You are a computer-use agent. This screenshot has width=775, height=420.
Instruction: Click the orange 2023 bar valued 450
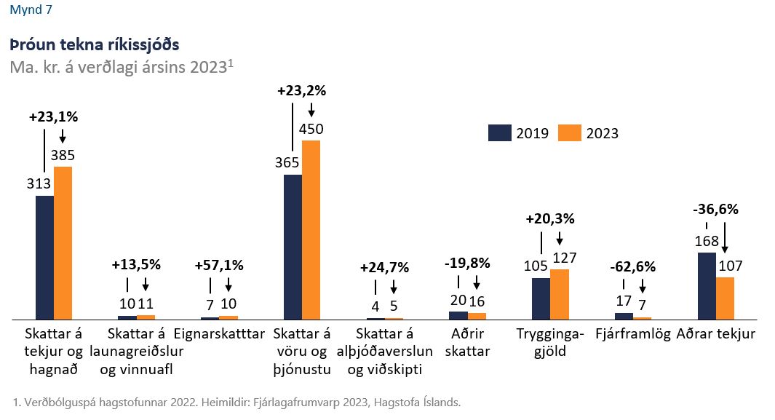[x=311, y=229]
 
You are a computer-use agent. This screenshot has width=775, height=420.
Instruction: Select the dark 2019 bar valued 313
[x=44, y=257]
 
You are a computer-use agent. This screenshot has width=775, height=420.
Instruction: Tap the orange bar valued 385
[x=63, y=242]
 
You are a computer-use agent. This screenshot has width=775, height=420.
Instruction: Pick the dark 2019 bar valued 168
[x=707, y=285]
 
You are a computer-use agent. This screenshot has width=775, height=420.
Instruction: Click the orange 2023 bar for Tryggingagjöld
[x=560, y=294]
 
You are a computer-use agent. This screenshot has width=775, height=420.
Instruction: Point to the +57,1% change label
[x=220, y=265]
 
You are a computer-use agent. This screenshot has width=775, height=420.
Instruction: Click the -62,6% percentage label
[x=634, y=265]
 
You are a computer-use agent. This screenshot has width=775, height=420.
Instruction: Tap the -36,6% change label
[x=715, y=210]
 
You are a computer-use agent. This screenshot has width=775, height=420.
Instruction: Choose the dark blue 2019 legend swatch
[x=500, y=132]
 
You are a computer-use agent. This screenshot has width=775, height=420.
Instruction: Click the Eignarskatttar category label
[x=219, y=334]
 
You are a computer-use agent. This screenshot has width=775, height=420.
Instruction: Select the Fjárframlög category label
[x=633, y=334]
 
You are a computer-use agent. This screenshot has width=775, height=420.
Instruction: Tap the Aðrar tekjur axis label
[x=715, y=334]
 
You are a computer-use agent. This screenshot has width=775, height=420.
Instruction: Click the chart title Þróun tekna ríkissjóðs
[x=95, y=44]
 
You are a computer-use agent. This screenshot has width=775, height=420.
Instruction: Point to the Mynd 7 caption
[x=31, y=10]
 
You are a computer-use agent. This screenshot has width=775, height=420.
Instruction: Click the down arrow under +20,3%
[x=560, y=238]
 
